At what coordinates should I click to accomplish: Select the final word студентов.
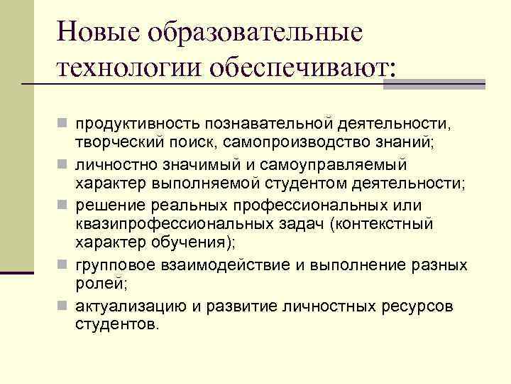(118, 326)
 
